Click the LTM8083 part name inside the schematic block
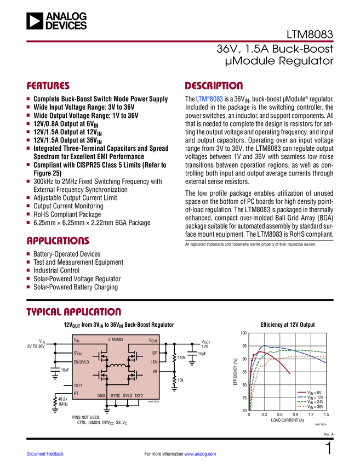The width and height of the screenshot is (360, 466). coord(116,340)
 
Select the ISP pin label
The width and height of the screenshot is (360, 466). coord(154,354)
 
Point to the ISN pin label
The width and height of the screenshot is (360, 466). coord(154,362)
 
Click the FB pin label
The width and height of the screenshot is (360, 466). coord(155,372)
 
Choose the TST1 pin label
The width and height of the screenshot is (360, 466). coord(78,385)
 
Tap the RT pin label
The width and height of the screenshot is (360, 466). coord(76,393)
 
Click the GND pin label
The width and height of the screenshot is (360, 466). coord(101,395)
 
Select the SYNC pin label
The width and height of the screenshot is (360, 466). coord(116,395)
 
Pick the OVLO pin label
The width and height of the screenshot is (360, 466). coord(128,395)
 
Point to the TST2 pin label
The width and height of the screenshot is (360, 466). coord(139,395)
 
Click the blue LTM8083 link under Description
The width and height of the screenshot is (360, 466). coord(209,100)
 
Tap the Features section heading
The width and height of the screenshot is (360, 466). coord(48,86)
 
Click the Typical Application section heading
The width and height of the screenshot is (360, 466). coord(74,311)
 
